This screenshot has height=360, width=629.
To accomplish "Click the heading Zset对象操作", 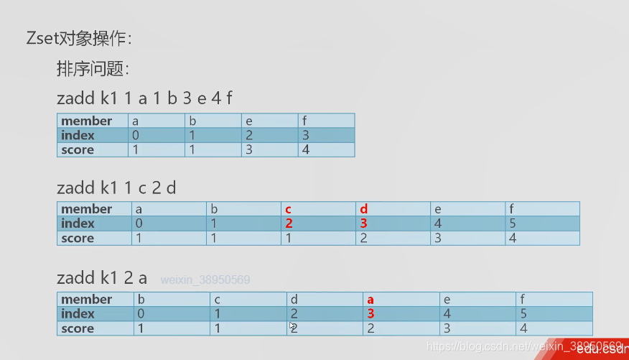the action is point(79,39).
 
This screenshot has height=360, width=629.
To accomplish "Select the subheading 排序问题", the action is point(93,69).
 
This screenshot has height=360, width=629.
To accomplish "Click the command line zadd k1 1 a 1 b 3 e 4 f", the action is point(144,98).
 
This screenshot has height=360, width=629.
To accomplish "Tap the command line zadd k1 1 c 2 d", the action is point(116,188).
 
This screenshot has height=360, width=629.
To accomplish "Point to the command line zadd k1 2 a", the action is point(102,277).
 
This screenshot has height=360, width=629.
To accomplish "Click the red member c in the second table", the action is point(289,209).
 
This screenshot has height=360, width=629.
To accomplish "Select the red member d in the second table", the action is point(364,209).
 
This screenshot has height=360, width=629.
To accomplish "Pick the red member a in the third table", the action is point(371,300).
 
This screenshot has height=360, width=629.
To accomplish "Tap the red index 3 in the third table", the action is point(371,314).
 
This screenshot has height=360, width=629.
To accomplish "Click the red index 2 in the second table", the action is point(289,223).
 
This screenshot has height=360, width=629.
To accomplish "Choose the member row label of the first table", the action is point(86,121).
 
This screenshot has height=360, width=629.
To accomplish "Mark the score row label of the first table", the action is point(78,149).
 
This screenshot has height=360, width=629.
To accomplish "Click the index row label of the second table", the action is point(78,223).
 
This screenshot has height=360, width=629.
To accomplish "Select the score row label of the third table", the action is point(78,328).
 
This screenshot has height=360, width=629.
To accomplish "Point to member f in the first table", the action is point(304,121).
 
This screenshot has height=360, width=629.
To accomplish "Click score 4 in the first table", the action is point(306,149).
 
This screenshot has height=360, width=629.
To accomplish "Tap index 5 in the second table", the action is point(513,223).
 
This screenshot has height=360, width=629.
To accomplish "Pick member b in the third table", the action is point(141,300).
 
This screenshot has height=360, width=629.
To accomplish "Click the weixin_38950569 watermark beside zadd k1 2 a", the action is point(205,280).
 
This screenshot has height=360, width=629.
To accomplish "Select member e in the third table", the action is point(447,300).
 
